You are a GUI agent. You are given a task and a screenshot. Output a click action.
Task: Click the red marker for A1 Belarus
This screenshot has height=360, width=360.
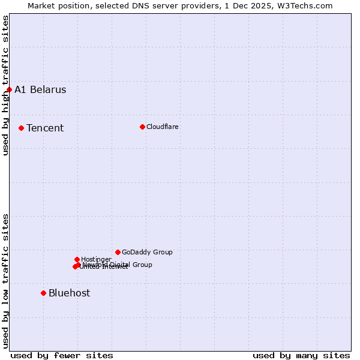[x=9, y=90]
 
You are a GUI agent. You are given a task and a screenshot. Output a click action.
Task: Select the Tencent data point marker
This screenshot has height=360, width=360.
[x=21, y=128]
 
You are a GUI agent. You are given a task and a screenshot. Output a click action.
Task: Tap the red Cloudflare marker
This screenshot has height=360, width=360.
[x=142, y=127]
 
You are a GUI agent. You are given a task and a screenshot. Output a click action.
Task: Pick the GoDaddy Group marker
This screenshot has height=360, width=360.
[x=118, y=252]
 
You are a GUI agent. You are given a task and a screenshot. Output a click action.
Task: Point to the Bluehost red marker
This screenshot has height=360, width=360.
[x=43, y=293]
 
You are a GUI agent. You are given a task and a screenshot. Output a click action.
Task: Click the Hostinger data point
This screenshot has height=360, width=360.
[x=77, y=259]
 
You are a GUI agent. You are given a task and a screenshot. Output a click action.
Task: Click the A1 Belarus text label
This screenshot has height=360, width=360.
[x=40, y=90]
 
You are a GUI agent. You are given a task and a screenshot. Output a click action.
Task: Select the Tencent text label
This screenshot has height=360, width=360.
[x=45, y=128]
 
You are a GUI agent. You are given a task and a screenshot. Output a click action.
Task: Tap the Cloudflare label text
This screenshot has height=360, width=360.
[x=163, y=127]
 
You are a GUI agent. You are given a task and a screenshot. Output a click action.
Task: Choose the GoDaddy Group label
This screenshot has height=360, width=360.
[x=147, y=252]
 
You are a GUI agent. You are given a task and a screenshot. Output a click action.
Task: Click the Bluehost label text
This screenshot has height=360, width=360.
[x=70, y=293]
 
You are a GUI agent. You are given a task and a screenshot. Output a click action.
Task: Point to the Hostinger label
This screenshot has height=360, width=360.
[x=96, y=259]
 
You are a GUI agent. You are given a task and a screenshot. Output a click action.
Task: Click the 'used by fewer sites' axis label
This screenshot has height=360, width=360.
[x=62, y=355]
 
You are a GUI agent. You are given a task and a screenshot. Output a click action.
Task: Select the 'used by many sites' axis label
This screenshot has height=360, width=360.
[x=301, y=355]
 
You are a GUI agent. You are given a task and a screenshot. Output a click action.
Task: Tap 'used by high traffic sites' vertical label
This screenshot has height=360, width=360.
[x=5, y=85]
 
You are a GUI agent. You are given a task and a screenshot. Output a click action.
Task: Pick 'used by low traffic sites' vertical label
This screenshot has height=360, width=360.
[x=5, y=280]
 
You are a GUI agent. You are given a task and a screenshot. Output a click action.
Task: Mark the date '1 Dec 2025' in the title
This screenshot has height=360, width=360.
[x=252, y=5]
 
